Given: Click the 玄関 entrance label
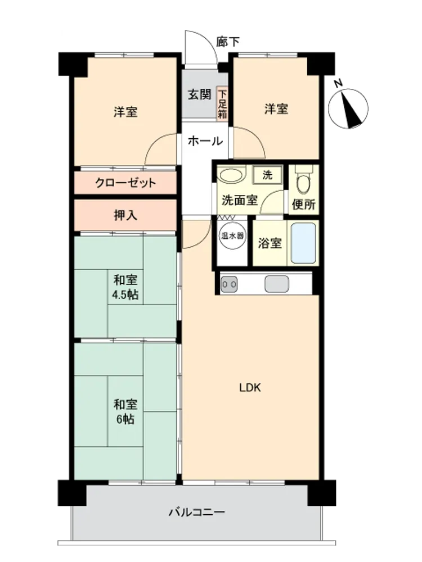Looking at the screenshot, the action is coord(200,94).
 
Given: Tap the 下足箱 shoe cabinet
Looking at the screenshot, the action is coord(222,104).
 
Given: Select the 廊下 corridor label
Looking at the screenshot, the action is coord(227,42).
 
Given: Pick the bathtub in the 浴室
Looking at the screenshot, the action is coord(303,243).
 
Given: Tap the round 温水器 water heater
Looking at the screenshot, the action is coord(232,236).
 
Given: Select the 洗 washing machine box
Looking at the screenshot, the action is coord(267,175).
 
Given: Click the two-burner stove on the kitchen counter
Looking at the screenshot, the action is coord(228,284).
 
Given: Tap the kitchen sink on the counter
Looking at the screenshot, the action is coord(276,284).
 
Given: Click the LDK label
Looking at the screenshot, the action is coord(250,387).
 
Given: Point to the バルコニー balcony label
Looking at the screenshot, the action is coord(196,511).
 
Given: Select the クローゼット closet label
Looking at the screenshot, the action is coord(125,183).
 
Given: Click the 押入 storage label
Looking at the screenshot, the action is coord(125,215).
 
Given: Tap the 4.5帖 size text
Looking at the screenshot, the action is coord(125,294).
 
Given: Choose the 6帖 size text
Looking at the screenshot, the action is coord(125,419).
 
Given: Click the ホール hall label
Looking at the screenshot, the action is coord(205,141).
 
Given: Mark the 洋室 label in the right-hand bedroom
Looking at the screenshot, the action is coord(276,108).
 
